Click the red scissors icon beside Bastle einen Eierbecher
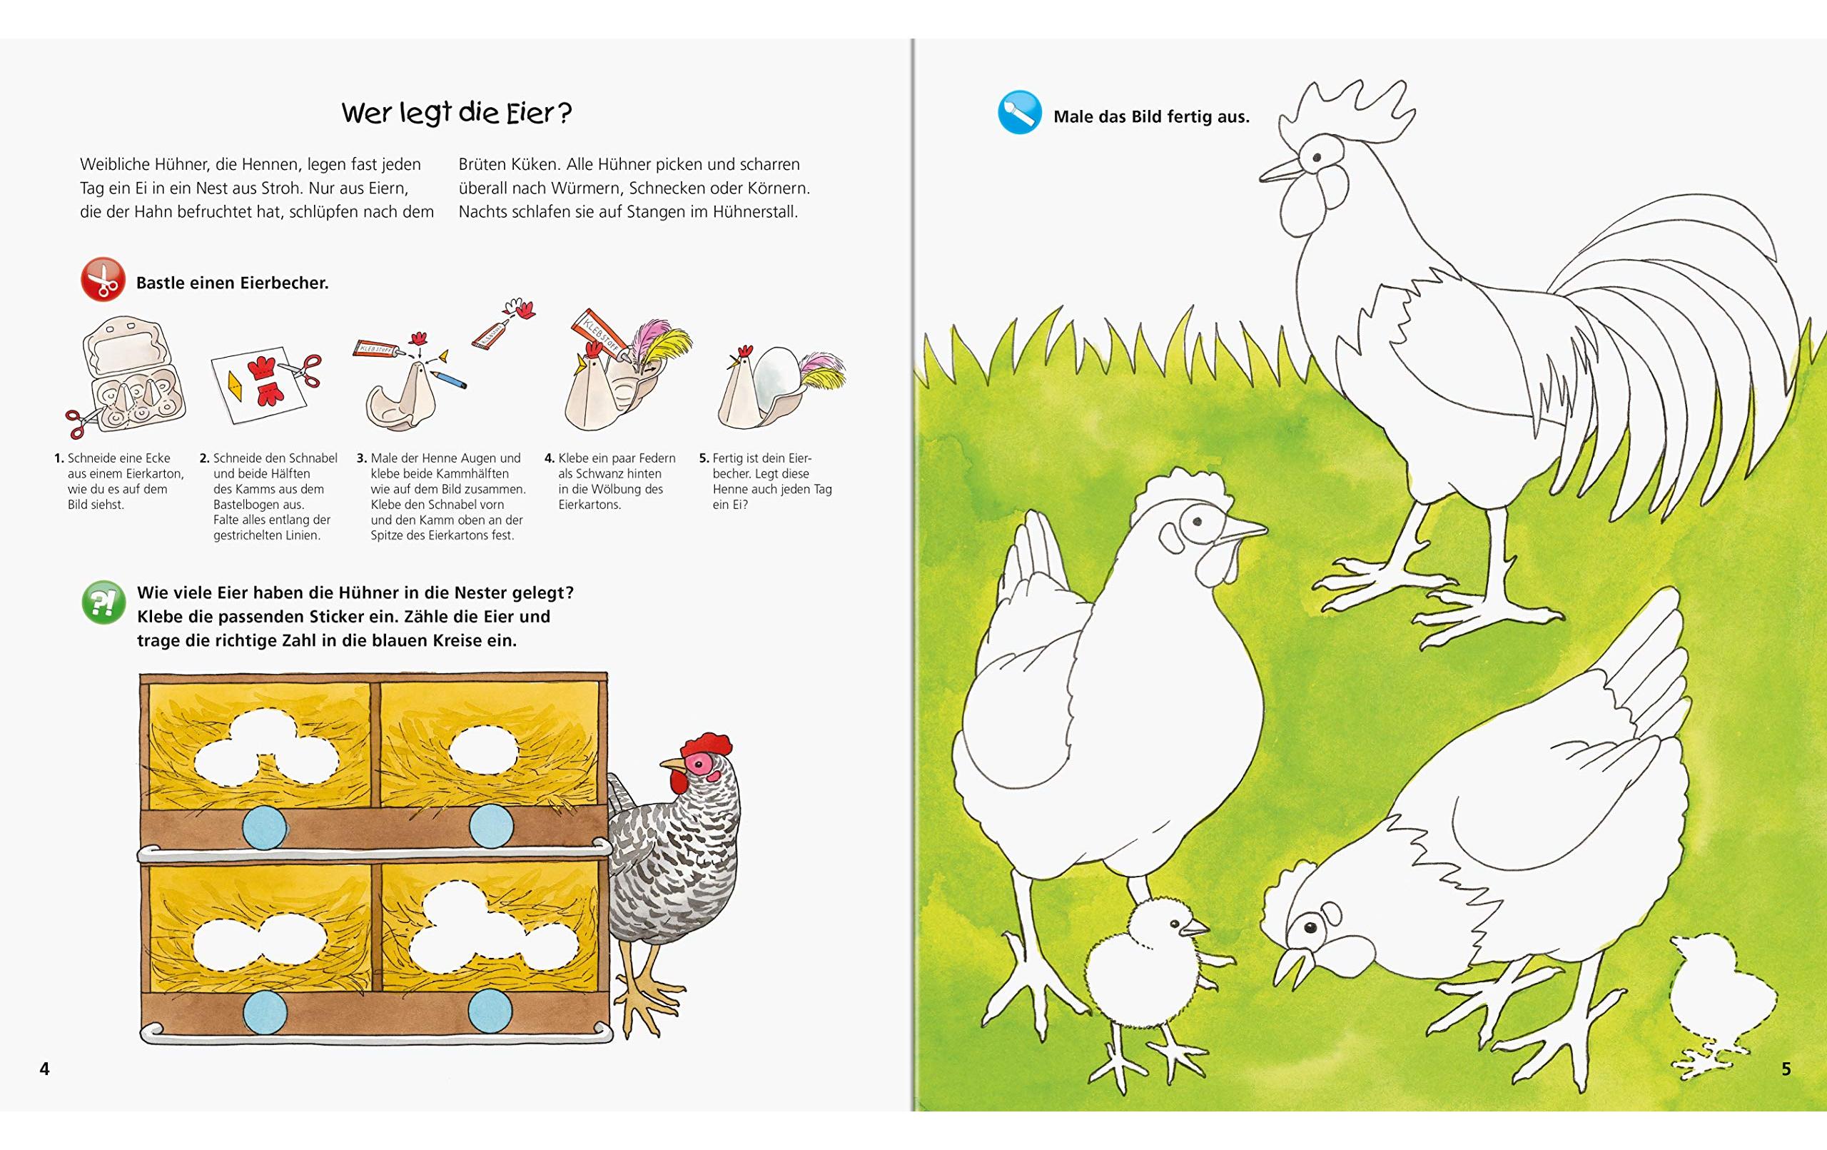coord(103,279)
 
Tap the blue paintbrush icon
coord(1019,112)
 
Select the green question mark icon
coord(103,602)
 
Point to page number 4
coord(45,1069)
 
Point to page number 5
coord(1786,1069)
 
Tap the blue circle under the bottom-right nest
coord(490,1011)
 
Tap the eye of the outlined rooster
coord(1317,158)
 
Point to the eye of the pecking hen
coord(1311,927)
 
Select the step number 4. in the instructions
coord(550,458)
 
